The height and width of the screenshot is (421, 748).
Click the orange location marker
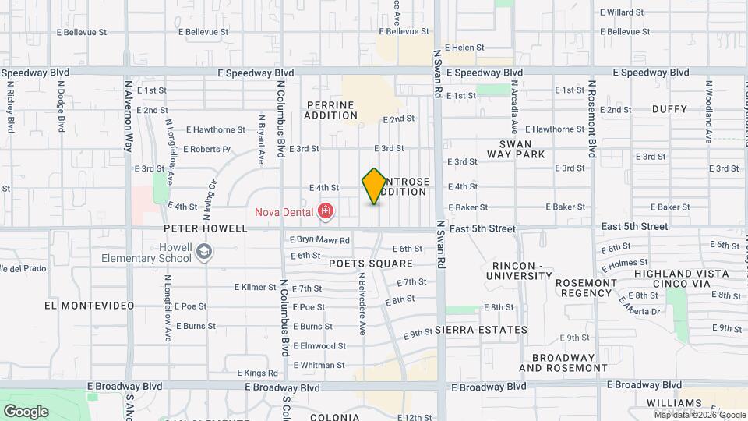coord(374,186)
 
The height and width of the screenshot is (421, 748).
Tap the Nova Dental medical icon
coord(325,211)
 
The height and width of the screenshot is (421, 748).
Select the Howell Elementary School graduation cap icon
coord(203,251)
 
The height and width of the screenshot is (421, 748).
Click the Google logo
coord(26,411)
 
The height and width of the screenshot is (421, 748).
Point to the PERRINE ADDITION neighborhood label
coord(330,110)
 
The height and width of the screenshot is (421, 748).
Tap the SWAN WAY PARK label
coord(516,149)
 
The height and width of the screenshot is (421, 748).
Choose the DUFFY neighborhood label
coord(669,109)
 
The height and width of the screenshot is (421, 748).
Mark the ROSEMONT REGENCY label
coord(577,287)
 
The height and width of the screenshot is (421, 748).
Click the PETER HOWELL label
coord(205,228)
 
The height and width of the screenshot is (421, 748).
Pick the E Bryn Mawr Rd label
coord(319,240)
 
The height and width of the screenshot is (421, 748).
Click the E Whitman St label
coord(319,365)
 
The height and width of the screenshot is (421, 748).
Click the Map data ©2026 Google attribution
coord(699,415)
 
